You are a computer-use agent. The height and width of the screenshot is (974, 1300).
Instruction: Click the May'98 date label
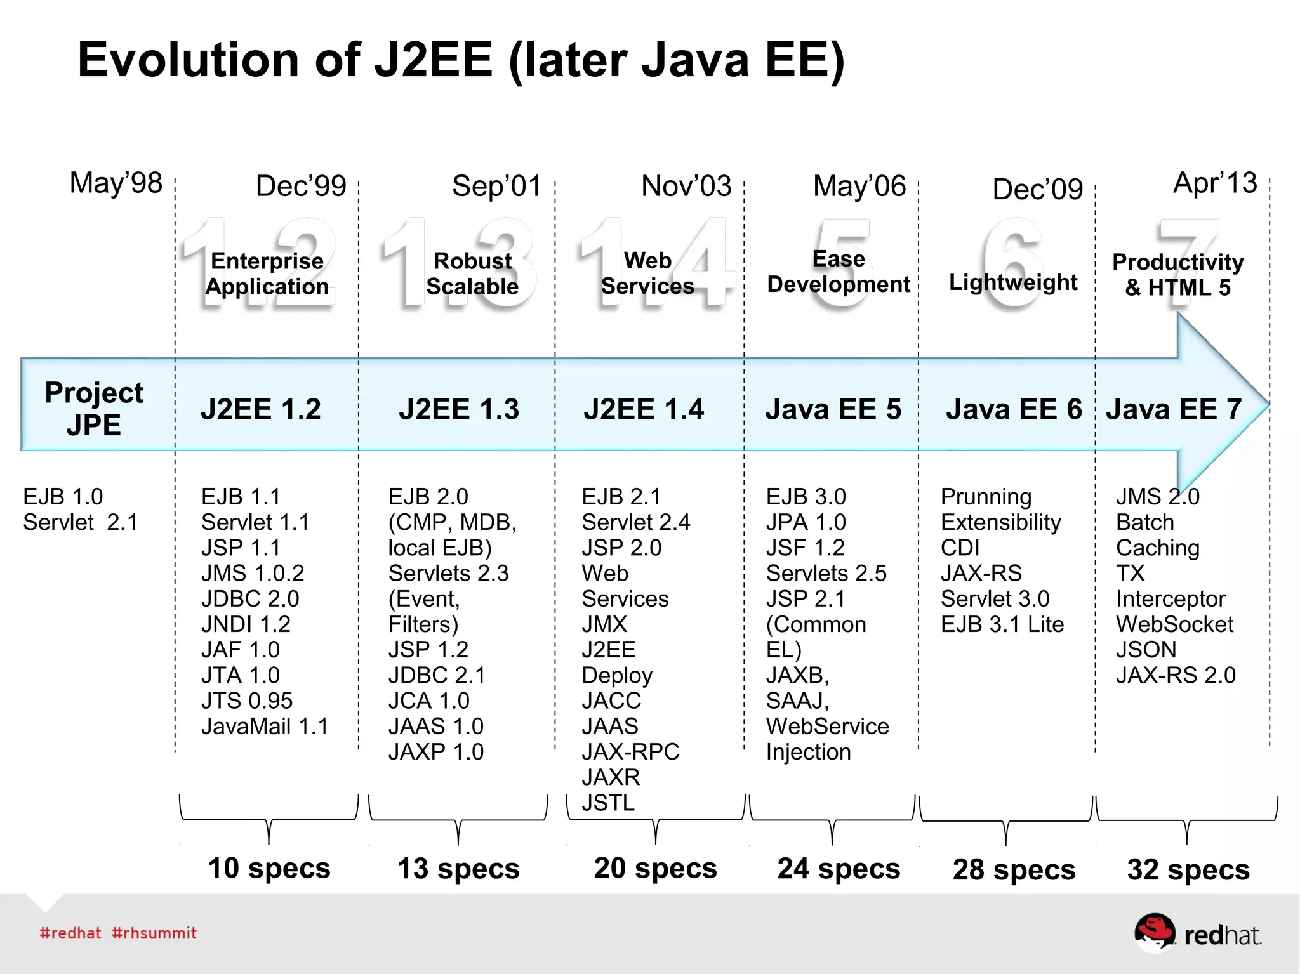(116, 183)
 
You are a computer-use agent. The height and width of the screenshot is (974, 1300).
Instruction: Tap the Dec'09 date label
(1037, 189)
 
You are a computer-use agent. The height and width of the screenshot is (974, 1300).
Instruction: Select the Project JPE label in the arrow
(94, 408)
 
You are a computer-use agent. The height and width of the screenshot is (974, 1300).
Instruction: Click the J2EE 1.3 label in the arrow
(458, 409)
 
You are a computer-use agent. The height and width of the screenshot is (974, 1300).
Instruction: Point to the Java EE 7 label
(1174, 409)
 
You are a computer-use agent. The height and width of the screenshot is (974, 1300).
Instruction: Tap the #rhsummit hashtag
(154, 933)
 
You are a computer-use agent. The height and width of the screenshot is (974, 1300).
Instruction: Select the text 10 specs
(269, 867)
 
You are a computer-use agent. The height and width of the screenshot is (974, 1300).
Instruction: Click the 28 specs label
(1014, 869)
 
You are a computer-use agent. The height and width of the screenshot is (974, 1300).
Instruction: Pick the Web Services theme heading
(647, 273)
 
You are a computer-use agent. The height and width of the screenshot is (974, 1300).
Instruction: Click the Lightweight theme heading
(1013, 282)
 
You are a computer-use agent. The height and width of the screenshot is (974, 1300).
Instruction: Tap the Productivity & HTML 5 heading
(1177, 274)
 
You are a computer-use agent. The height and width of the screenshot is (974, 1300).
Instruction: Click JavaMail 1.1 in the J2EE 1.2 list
(265, 726)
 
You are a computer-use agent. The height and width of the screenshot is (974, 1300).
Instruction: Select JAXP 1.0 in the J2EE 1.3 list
(435, 751)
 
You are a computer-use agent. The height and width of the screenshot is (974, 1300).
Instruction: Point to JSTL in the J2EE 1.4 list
(607, 803)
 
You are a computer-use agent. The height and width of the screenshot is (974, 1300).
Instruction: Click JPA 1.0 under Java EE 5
(806, 522)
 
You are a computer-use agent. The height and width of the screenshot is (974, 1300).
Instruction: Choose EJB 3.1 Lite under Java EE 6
(1002, 624)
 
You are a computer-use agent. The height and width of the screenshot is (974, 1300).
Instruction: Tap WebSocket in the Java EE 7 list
(1174, 624)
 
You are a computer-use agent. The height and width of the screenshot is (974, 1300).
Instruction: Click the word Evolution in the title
(188, 60)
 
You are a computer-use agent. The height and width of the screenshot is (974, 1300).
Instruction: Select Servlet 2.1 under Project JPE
(80, 522)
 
